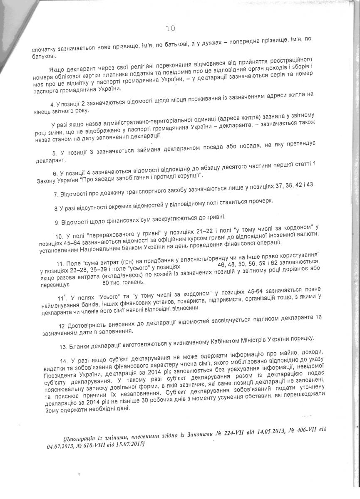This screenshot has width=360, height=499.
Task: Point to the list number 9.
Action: click(57, 217)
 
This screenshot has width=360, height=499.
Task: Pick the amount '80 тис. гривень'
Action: click(124, 282)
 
